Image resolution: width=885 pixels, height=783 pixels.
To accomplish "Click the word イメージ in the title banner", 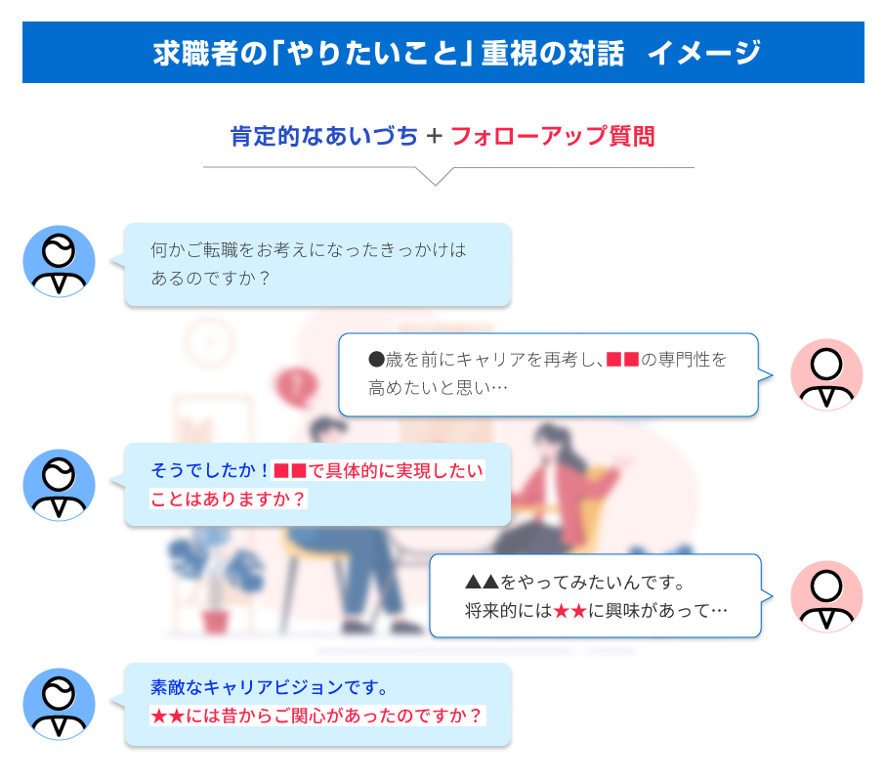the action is [704, 53].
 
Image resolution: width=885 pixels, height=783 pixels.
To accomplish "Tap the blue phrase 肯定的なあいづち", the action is [324, 136].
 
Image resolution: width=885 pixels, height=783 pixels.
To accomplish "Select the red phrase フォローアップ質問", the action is [553, 136].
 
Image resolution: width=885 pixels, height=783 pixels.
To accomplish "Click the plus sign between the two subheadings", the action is [435, 136].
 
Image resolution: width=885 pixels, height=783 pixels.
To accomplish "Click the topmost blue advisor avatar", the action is [59, 262].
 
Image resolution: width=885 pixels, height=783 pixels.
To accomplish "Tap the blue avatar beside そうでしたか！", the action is [59, 485].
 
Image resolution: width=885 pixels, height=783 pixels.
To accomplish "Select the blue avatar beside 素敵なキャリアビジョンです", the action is [59, 705].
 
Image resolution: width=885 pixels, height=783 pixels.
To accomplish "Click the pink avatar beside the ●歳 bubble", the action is [826, 374].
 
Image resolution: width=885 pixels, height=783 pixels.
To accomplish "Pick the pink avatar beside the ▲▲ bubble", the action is [826, 596].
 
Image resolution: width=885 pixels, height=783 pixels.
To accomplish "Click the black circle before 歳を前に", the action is [376, 360].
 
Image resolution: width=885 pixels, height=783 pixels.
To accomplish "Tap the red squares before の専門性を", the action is [622, 360].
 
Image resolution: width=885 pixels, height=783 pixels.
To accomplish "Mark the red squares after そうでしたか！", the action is [290, 470].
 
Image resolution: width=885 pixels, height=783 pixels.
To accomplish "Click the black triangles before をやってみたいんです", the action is [482, 582].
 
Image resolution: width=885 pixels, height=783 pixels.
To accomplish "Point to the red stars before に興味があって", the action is [570, 611].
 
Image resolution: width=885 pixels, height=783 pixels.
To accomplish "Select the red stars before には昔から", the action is [168, 717].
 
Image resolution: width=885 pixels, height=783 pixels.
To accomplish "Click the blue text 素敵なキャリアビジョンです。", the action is [270, 687].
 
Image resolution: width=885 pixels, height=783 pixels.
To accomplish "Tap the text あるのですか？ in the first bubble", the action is [211, 278].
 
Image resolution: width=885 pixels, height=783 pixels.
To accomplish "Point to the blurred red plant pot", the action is [215, 622].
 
